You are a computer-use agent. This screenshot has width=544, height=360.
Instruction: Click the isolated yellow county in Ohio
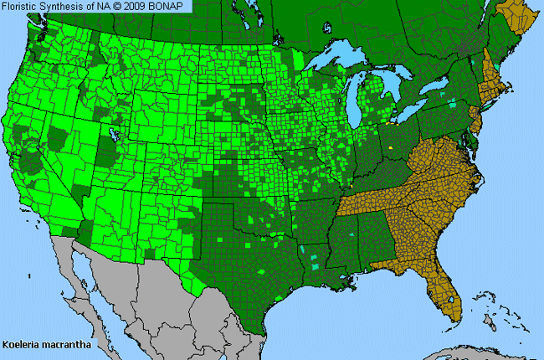click(x=391, y=148)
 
